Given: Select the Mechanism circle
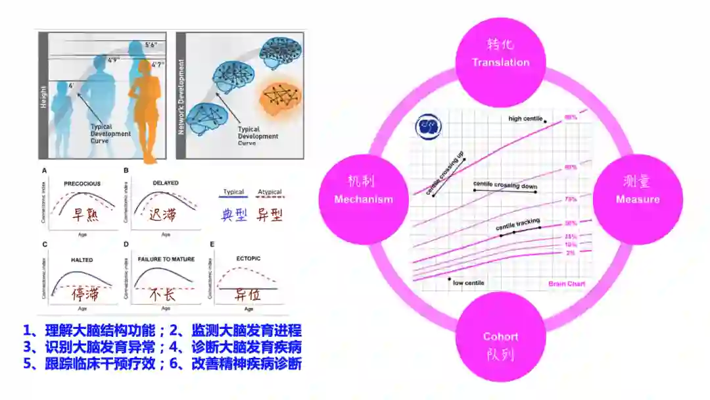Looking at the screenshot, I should (x=364, y=191).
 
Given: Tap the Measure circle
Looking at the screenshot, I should (x=637, y=191).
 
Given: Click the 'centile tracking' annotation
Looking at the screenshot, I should (x=517, y=226).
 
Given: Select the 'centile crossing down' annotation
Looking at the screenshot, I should (x=506, y=187).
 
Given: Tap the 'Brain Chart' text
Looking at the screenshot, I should (x=567, y=284).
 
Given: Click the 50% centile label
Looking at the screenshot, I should (x=571, y=224).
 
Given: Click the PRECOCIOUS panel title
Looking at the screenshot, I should (x=82, y=184).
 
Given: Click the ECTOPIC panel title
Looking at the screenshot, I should (x=248, y=259).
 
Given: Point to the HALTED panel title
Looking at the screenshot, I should (x=82, y=260).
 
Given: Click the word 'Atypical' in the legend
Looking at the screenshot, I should (x=270, y=192).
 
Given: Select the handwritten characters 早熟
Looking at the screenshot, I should (x=85, y=214).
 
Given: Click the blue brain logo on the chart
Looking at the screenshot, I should (x=430, y=125).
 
